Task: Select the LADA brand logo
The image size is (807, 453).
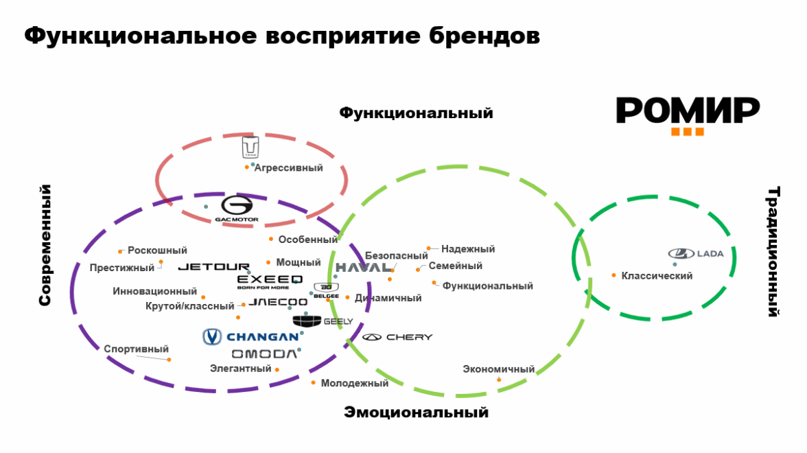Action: (696, 254)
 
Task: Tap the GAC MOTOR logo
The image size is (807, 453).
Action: (237, 209)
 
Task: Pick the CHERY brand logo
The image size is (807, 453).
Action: (398, 337)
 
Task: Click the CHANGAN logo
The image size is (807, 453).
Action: (251, 336)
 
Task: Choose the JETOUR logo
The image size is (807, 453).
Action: (214, 267)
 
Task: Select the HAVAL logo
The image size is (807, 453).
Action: (364, 267)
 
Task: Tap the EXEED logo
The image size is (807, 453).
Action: (270, 281)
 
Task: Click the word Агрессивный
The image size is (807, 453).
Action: (288, 167)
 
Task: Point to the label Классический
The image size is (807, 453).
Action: (657, 276)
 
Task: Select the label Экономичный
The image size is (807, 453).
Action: (499, 369)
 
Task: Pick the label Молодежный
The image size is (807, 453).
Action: (355, 383)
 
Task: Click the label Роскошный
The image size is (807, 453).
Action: (157, 251)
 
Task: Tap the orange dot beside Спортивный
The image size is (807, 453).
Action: (169, 360)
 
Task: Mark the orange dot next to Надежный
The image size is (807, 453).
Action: (429, 248)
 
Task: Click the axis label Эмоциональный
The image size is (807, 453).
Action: (417, 413)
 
